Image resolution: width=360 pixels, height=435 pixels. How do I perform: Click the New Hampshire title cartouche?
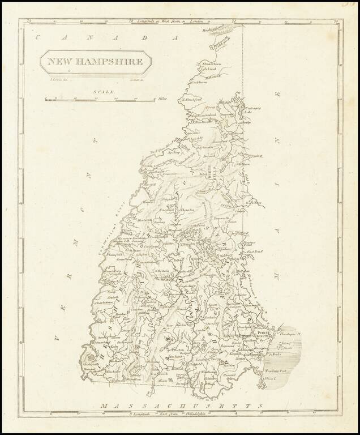tap(95, 62)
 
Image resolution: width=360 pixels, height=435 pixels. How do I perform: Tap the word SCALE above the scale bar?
tap(105, 92)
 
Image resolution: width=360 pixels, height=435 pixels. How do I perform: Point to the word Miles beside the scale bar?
tap(164, 99)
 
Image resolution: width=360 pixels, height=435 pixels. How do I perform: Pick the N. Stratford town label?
tap(192, 100)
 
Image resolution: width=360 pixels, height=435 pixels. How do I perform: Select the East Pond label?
tap(252, 250)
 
